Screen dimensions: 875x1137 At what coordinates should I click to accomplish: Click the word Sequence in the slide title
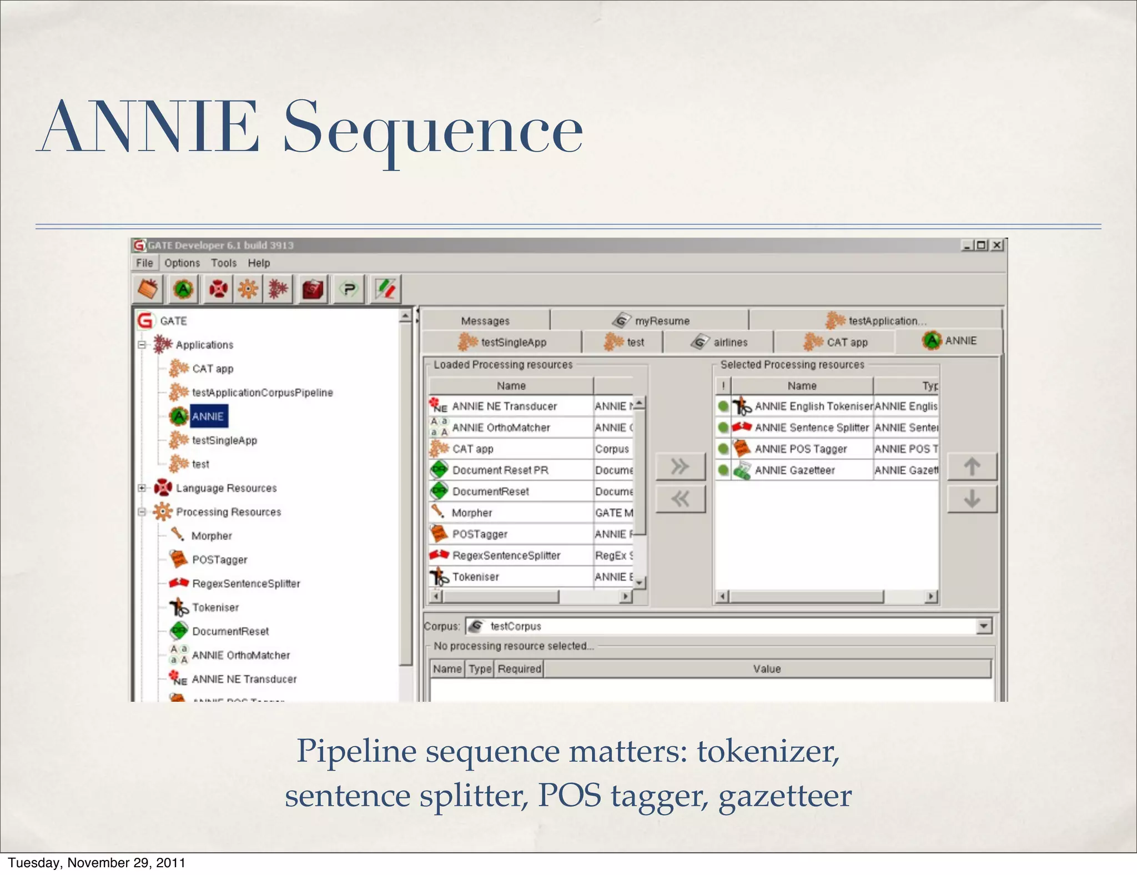pos(433,129)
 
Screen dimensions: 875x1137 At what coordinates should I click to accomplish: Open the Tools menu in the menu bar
pos(223,263)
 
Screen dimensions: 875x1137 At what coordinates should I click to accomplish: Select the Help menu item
pos(259,263)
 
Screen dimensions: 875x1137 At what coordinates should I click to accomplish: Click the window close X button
pos(998,245)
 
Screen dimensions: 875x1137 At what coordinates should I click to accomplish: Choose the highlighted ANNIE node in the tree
pos(208,416)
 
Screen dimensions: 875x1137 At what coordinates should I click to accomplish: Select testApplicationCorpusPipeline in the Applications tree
pos(262,393)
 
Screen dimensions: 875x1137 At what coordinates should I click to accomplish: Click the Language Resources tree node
pos(226,488)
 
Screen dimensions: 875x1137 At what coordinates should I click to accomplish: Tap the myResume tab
pos(662,321)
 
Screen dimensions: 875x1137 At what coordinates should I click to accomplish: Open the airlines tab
pos(730,343)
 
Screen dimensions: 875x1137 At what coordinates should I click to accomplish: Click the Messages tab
pos(485,321)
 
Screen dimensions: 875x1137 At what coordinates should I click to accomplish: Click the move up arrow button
pos(972,466)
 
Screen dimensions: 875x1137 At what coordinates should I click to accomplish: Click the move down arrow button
pos(972,499)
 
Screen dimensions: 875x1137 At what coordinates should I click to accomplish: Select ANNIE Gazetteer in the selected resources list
pos(794,470)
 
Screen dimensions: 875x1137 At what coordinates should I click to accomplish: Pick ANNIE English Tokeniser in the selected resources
pos(813,406)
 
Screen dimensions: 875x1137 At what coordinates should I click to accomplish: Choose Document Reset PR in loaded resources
pos(500,470)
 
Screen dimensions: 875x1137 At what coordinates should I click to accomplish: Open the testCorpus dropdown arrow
pos(983,626)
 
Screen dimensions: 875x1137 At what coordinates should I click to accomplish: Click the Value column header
pos(767,669)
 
